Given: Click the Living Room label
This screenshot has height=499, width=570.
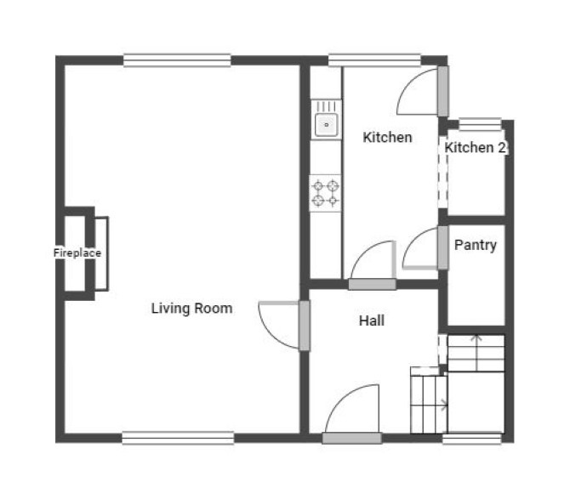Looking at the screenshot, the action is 191,309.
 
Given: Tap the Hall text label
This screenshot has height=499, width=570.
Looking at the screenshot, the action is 372,320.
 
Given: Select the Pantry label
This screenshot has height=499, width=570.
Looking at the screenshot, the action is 475,245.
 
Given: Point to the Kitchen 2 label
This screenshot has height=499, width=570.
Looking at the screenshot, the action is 475,147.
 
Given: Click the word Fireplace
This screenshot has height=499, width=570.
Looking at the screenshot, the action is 77,252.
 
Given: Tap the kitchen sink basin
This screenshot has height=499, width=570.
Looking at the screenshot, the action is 326,125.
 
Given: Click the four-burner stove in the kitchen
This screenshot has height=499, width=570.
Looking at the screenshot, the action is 325,193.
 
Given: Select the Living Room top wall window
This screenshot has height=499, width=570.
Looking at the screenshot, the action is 177,60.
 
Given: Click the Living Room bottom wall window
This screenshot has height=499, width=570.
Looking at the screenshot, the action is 178,438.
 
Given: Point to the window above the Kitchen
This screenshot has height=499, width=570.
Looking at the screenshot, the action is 374,60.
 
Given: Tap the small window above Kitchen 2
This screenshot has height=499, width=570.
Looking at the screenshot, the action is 480,125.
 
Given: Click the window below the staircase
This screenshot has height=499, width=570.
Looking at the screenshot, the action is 472,439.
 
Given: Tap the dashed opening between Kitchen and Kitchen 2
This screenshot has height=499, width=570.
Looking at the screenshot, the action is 442,172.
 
